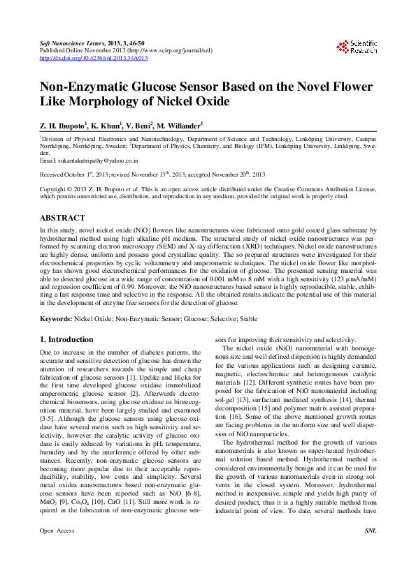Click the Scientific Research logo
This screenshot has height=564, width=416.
[x=359, y=47]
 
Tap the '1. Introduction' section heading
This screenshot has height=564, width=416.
[x=66, y=339]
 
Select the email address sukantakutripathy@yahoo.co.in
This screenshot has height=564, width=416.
[x=89, y=161]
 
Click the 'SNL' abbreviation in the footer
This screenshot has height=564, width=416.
[x=371, y=551]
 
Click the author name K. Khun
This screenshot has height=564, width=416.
[x=104, y=126]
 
